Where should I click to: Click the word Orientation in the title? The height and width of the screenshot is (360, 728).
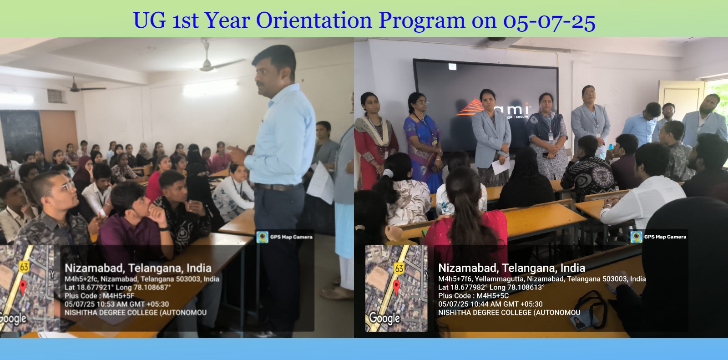[314, 20]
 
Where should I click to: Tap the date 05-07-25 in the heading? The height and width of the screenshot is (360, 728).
[549, 21]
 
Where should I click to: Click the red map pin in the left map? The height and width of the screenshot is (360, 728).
[23, 287]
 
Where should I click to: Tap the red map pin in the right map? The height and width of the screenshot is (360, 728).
[396, 287]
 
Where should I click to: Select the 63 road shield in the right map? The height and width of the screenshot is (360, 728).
[399, 269]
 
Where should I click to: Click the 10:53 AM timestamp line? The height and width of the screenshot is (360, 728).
[116, 304]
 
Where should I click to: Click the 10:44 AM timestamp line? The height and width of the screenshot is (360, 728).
[490, 304]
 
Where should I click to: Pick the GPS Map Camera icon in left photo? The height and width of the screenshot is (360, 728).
[262, 237]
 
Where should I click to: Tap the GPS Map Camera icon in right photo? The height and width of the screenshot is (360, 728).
[637, 237]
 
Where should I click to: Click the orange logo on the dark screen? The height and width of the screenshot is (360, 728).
[470, 108]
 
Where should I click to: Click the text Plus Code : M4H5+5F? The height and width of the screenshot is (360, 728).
[99, 296]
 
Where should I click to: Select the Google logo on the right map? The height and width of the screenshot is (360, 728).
[384, 318]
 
